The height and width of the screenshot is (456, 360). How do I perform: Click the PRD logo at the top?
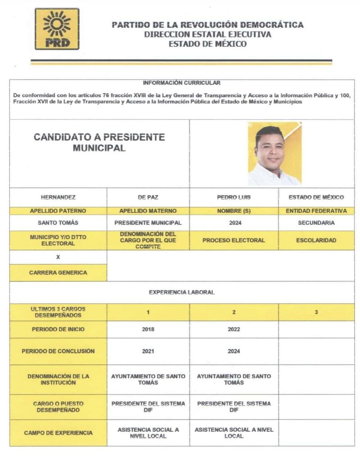pos(57,29)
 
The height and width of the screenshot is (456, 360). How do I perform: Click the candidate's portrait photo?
pos(274,154)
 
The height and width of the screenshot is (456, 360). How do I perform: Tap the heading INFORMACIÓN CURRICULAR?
pos(181,83)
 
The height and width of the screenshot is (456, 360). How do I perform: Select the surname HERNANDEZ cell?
pos(58,197)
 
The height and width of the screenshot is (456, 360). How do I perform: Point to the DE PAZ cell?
pos(148,197)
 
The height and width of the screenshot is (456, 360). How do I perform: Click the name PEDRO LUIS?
pos(234,197)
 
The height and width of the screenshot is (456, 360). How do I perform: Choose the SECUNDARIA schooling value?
pos(316,223)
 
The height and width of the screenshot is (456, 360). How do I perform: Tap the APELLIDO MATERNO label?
pos(148,211)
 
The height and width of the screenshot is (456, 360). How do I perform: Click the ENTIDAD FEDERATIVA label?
pos(316,211)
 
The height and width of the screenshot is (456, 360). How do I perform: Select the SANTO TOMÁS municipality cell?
pos(58,223)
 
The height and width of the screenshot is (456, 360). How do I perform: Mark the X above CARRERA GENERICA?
pos(58,257)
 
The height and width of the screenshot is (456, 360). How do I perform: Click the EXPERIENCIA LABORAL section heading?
pos(181,292)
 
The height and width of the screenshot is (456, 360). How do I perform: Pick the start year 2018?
pos(148,329)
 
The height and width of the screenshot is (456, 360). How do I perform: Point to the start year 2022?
pos(234,329)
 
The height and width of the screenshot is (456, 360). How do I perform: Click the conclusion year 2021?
pos(148,351)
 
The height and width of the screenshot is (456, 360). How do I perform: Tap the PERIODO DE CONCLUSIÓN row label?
pos(58,351)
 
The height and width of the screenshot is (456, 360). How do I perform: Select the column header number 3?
pos(316,312)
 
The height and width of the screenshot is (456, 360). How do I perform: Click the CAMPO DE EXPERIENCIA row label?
pos(58,433)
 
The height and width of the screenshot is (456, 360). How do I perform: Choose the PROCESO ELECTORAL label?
pos(234,240)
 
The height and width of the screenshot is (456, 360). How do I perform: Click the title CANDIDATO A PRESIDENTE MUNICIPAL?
pos(99,143)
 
